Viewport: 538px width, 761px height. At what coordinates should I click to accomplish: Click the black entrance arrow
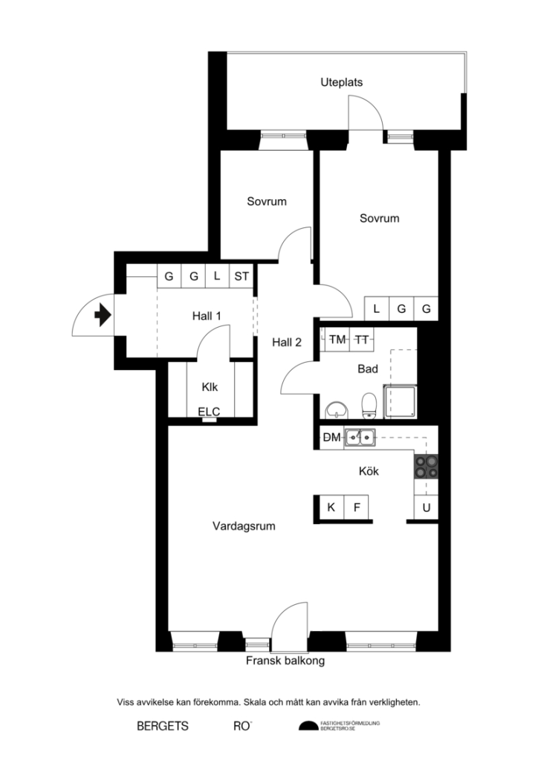point(103,316)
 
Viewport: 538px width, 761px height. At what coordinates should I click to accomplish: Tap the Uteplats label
point(341,82)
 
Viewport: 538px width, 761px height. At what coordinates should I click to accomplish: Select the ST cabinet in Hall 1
point(242,276)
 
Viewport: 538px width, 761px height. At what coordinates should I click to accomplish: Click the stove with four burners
point(427,466)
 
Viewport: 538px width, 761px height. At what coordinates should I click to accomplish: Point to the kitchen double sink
point(360,438)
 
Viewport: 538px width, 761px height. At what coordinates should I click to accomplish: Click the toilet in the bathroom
point(368,407)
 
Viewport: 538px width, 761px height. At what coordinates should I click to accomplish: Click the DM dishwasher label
point(331,438)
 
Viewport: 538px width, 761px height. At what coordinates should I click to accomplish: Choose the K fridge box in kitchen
point(331,508)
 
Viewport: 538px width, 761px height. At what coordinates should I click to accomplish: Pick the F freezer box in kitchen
point(357,508)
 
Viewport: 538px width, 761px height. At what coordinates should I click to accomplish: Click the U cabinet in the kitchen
point(427,508)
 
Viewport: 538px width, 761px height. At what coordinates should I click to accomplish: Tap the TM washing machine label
point(337,340)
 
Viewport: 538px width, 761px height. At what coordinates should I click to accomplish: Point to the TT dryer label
point(362,340)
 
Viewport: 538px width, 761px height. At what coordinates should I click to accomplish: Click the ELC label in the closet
point(209,411)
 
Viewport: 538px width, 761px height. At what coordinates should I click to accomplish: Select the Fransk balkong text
point(285,660)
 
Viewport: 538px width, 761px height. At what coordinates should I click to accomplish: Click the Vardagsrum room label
point(244,526)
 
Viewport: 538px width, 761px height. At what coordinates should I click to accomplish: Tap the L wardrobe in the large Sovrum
point(377,308)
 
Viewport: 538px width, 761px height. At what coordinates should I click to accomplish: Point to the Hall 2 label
point(286,343)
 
